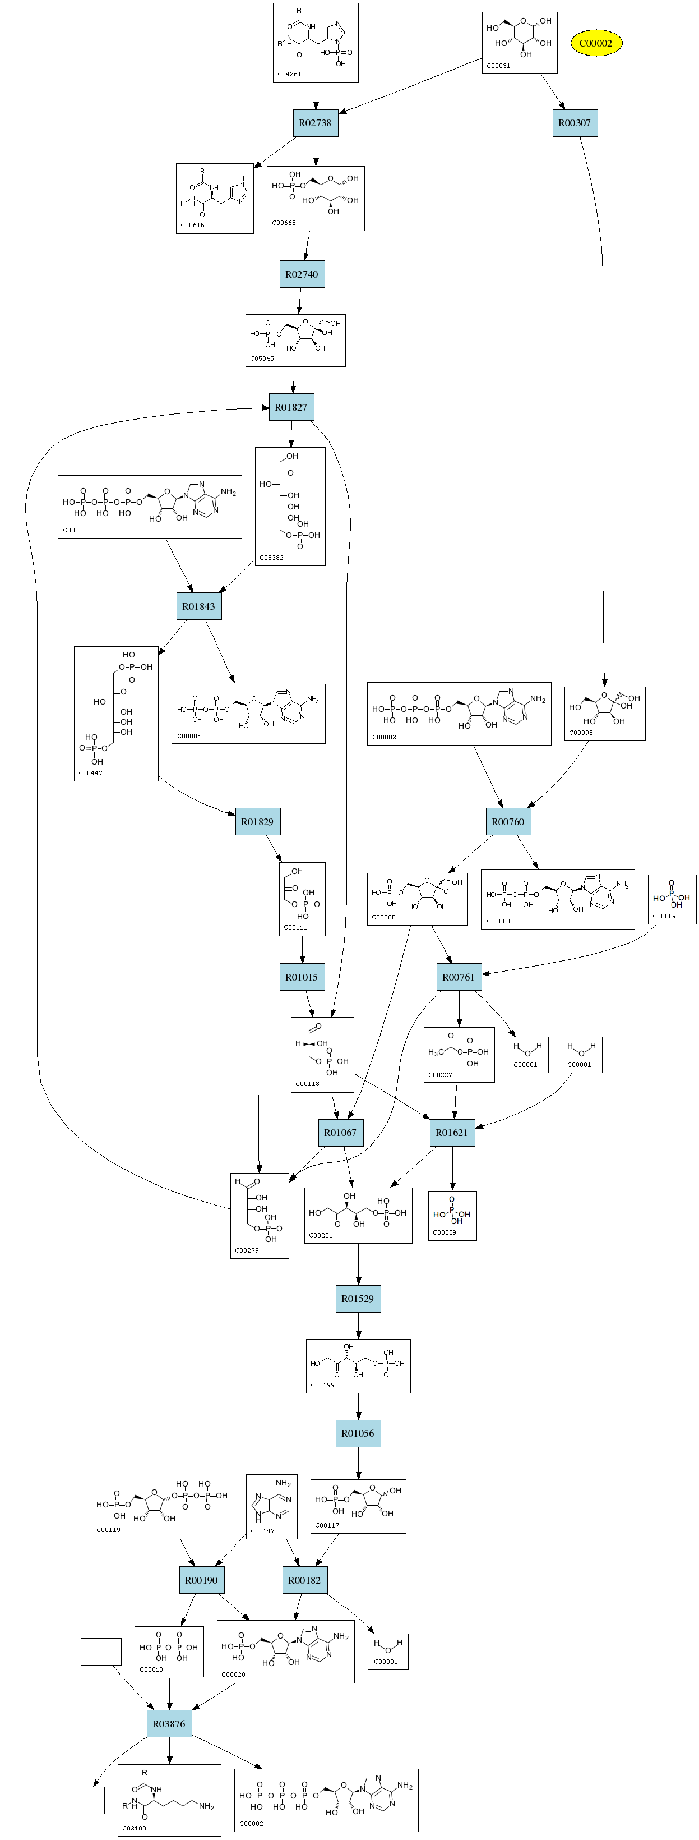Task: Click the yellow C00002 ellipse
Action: click(x=595, y=43)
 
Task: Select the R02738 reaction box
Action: click(x=315, y=123)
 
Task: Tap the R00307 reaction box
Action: click(x=575, y=123)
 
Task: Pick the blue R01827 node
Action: click(x=291, y=407)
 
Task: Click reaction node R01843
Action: click(x=198, y=606)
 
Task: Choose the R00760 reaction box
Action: click(x=508, y=821)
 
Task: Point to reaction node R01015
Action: click(x=302, y=977)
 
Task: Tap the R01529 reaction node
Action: click(x=358, y=1299)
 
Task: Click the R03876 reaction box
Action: click(x=169, y=1723)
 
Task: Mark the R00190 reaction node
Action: click(x=201, y=1580)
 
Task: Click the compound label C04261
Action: click(x=289, y=74)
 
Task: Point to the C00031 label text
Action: click(x=498, y=66)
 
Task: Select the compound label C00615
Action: click(x=192, y=225)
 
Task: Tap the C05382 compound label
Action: click(x=271, y=558)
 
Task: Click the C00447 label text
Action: click(x=91, y=773)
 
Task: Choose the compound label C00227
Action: click(x=440, y=1074)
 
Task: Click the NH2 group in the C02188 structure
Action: click(x=206, y=1806)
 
